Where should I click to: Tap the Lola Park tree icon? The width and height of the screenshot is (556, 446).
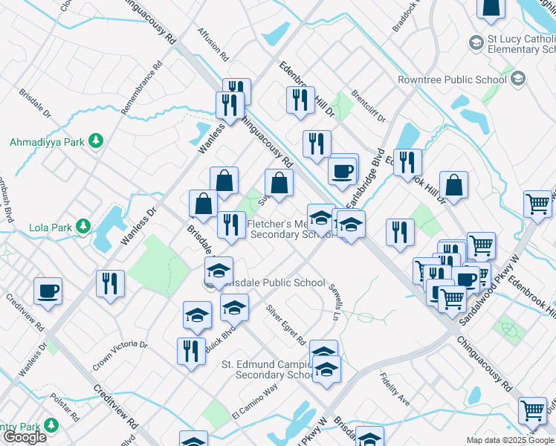[x=84, y=225]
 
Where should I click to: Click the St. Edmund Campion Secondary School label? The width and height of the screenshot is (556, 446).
[x=271, y=369]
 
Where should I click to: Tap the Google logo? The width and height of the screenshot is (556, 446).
[x=25, y=437]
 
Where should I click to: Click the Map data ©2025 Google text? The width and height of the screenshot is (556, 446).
[x=510, y=440]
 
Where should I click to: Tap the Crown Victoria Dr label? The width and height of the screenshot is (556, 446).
[x=120, y=356]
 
